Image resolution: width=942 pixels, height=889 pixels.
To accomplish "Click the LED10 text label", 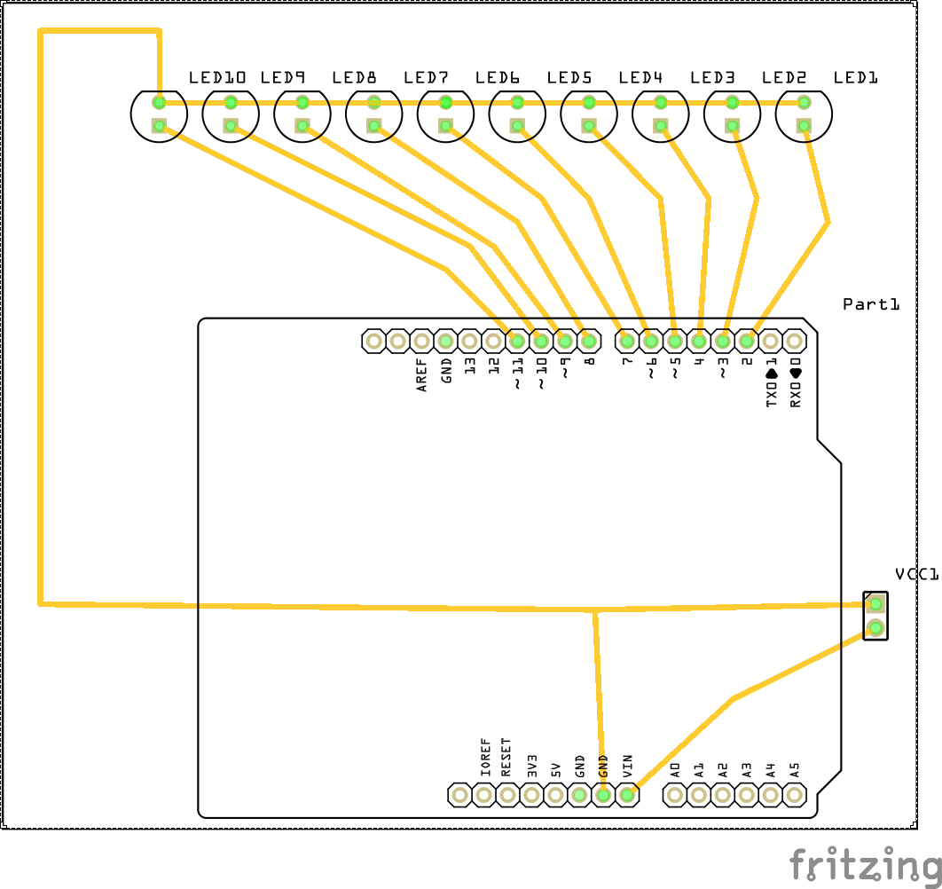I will pos(216,78).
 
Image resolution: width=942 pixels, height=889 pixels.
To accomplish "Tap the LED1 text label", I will pos(855,78).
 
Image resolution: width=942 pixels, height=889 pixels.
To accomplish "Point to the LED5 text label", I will pos(569,78).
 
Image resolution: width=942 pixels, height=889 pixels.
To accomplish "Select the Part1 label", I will pos(871,304).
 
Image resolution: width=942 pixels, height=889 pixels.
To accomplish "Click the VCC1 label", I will pos(916,575).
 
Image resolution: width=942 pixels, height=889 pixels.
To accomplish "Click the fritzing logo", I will pos(865,864).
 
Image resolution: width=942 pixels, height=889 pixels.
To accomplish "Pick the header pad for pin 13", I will pos(470,341).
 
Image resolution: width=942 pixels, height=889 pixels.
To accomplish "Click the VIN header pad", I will pos(627,795).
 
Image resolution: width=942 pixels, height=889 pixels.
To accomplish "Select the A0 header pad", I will pos(675,795).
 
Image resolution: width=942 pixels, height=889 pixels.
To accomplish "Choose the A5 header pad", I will pos(795,795).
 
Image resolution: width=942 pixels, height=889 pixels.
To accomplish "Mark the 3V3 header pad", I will pos(531,795).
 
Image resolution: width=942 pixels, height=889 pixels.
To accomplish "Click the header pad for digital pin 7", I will pos(627,341).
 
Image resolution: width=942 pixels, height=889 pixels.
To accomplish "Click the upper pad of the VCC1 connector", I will pos(875,604).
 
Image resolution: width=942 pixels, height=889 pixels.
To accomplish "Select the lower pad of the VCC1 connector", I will pos(875,628).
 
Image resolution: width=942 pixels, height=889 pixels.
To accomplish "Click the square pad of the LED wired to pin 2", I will pos(804,126).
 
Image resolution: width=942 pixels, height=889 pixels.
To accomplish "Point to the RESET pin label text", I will pos(506,758).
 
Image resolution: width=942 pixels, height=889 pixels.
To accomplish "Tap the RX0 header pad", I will pos(795,341).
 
